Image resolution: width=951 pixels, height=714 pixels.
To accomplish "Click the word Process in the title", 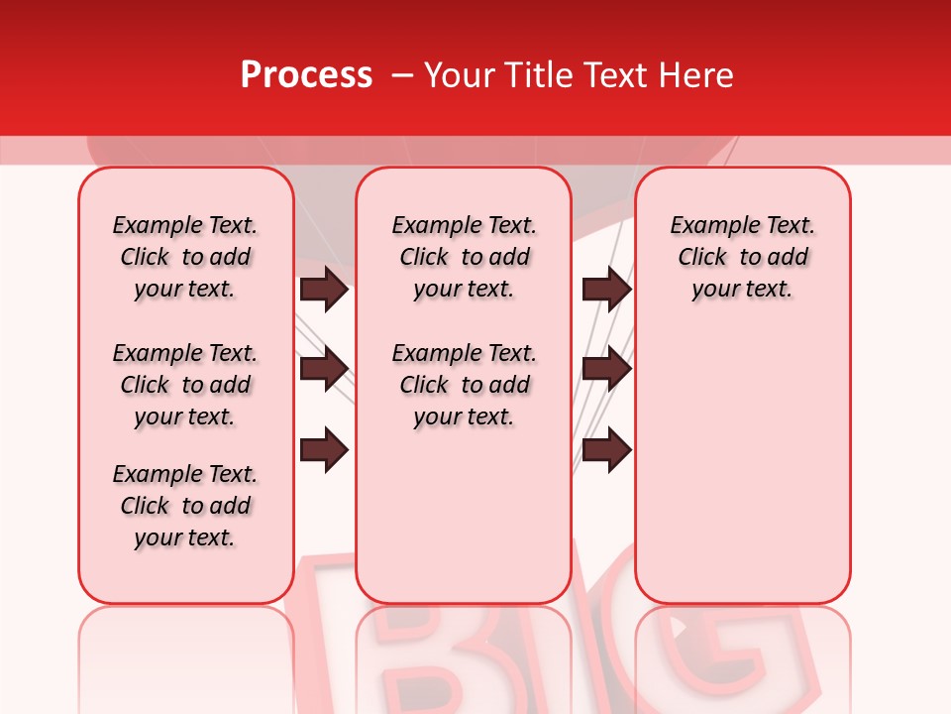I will [x=306, y=75].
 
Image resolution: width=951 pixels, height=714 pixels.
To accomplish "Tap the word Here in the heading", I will [x=695, y=75].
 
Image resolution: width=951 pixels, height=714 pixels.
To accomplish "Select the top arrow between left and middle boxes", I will [x=324, y=289].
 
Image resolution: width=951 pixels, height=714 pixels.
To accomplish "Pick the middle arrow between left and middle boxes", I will [x=324, y=369].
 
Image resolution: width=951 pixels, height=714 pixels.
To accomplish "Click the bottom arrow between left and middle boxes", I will [x=324, y=450].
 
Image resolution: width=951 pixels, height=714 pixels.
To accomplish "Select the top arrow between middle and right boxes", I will [x=606, y=289].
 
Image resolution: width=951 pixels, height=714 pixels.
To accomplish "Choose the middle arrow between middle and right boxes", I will [x=606, y=369].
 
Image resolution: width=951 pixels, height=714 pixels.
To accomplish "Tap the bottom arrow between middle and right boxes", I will [x=606, y=450].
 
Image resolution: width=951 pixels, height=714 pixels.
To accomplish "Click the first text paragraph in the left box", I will [x=185, y=257].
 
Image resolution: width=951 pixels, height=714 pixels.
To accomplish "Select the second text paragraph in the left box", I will [x=185, y=385].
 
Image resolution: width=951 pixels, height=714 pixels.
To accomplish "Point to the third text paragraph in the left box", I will [x=185, y=506].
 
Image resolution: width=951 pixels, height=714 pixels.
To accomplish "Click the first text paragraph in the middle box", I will [x=465, y=257].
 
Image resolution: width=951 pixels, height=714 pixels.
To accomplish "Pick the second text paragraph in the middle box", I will [x=465, y=385].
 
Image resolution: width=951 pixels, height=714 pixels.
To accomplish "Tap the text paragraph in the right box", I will [x=743, y=257].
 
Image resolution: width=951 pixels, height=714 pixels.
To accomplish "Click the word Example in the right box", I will [x=706, y=226].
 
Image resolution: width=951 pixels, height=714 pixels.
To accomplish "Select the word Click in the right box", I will [x=702, y=258].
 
